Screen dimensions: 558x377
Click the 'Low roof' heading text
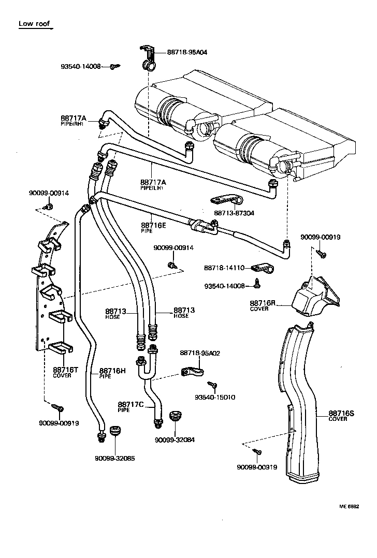[35, 23]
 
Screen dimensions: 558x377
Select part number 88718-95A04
[187, 52]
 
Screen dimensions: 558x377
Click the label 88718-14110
[223, 268]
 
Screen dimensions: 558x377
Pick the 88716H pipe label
[112, 371]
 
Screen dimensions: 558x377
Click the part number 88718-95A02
[200, 353]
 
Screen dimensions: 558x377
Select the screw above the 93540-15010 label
[212, 385]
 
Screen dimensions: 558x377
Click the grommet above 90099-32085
[114, 431]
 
